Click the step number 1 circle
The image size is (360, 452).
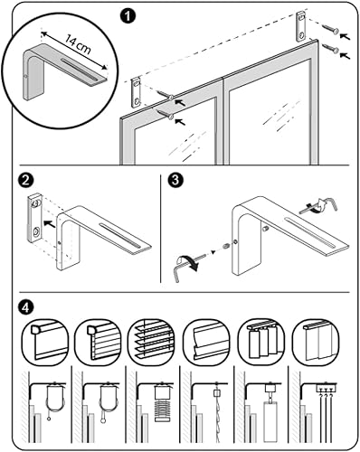point(128,16)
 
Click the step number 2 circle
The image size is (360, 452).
point(25,181)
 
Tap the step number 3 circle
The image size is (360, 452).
point(175,181)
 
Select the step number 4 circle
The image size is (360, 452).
point(25,307)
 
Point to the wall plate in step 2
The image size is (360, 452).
point(36,218)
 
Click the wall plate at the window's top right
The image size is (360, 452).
point(301,26)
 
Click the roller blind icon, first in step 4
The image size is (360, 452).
point(45,343)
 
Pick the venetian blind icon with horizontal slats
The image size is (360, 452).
point(152,343)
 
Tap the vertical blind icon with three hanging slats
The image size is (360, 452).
point(261,343)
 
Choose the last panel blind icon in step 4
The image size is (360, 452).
point(317,343)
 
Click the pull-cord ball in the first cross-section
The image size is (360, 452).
point(49,419)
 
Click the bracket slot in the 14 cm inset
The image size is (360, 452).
point(80,70)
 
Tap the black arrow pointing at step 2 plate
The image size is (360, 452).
point(50,224)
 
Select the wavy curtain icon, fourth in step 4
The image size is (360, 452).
point(207,343)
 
